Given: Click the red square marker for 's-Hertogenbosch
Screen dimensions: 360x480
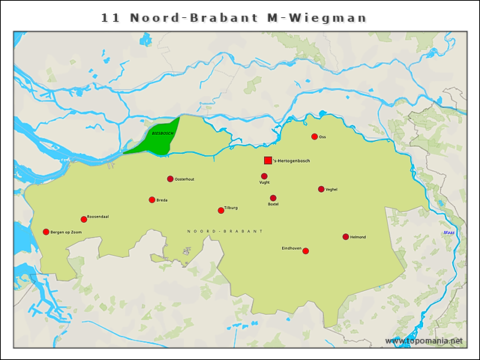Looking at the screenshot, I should click(x=268, y=160).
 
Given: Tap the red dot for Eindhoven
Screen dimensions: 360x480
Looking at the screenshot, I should click(x=305, y=251).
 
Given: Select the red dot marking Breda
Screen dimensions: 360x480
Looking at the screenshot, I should click(x=152, y=199).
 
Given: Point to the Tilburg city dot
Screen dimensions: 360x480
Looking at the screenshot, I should click(x=220, y=211).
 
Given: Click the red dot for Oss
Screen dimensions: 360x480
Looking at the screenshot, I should click(x=315, y=136).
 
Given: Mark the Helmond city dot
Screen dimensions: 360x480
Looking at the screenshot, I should click(x=346, y=237).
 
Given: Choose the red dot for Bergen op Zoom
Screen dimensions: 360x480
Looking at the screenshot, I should click(x=46, y=232).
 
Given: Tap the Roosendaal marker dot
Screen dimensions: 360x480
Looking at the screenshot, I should click(x=84, y=220).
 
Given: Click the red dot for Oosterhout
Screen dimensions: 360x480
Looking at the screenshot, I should click(x=170, y=178).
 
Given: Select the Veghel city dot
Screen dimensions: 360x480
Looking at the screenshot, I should click(x=321, y=189).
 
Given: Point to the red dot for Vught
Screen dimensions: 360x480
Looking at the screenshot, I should click(x=264, y=176).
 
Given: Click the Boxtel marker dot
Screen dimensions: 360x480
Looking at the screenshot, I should click(x=273, y=198).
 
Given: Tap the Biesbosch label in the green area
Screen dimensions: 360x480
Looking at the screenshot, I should click(x=161, y=132).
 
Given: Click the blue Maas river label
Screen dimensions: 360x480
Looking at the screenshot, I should click(x=449, y=233).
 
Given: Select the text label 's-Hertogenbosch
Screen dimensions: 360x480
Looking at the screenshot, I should click(x=292, y=161).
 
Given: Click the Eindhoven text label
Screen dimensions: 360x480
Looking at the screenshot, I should click(x=292, y=247).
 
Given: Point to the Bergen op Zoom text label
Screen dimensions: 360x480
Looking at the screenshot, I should click(x=66, y=232).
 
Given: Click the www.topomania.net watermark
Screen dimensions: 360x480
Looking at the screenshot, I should click(x=424, y=340).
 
